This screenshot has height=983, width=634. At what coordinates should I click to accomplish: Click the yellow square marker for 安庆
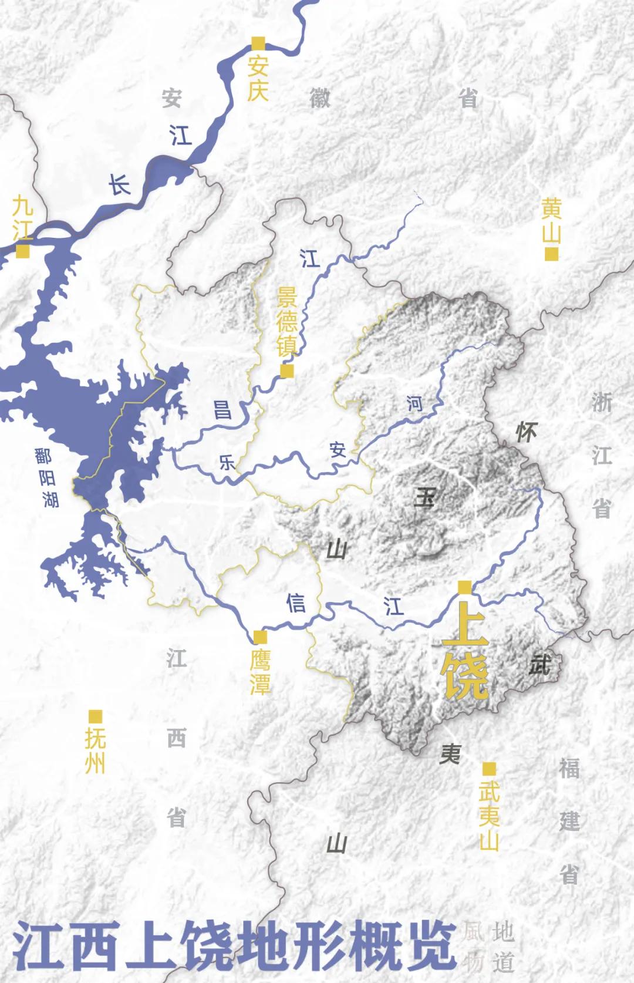pyautogui.click(x=258, y=43)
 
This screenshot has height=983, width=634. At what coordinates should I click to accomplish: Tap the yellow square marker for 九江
pyautogui.click(x=23, y=251)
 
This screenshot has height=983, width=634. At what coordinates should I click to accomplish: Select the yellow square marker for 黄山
pyautogui.click(x=551, y=254)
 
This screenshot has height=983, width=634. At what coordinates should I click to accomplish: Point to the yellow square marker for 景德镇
pyautogui.click(x=287, y=371)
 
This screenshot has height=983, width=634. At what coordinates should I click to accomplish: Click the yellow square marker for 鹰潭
pyautogui.click(x=259, y=637)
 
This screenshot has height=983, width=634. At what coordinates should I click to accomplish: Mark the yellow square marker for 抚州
pyautogui.click(x=95, y=716)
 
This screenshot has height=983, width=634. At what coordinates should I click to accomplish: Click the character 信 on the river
pyautogui.click(x=296, y=603)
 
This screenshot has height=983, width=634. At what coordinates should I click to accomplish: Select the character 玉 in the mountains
pyautogui.click(x=424, y=498)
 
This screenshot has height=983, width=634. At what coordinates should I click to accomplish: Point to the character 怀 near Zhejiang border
pyautogui.click(x=526, y=433)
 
